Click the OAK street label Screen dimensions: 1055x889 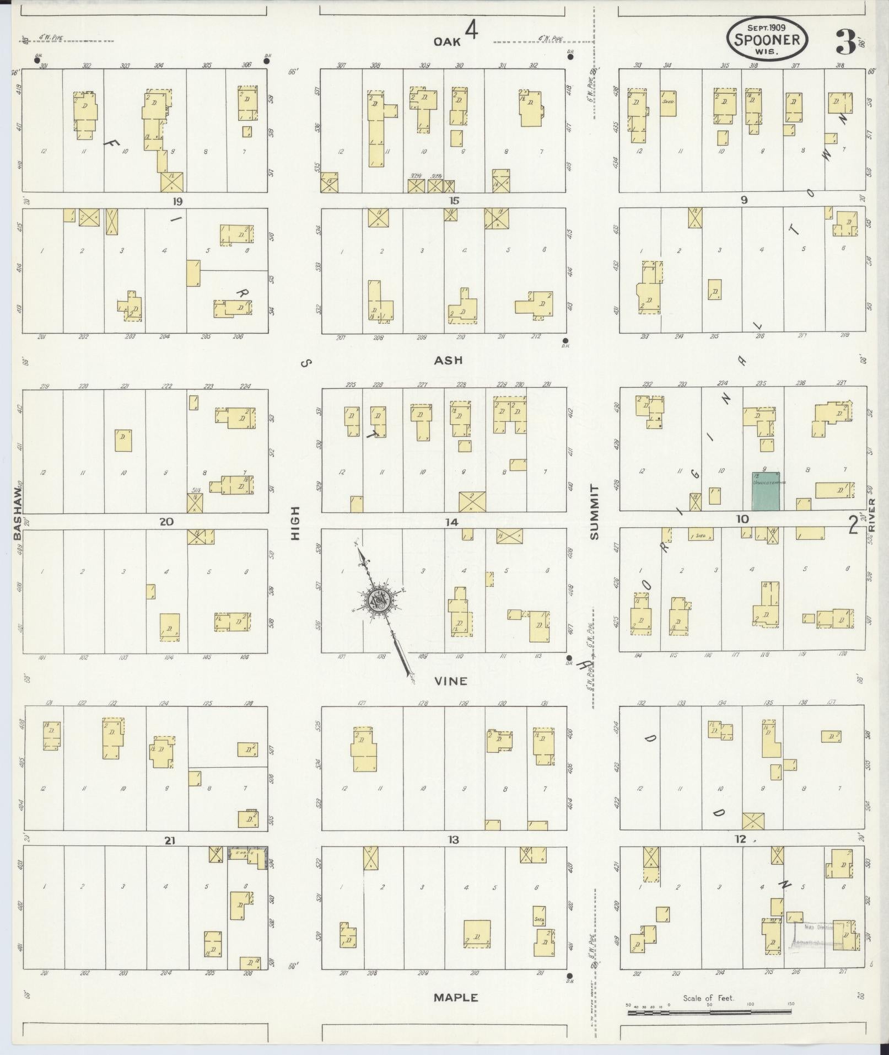tap(446, 41)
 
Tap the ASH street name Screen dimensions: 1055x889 tap(448, 361)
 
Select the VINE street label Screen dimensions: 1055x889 tap(450, 681)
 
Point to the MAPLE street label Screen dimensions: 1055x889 tap(455, 998)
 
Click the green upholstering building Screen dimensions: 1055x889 tap(766, 490)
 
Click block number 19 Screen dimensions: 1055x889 tap(177, 202)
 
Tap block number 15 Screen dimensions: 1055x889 tap(453, 201)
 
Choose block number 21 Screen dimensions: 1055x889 tap(169, 840)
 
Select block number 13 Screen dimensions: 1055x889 tap(453, 840)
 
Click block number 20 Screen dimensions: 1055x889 tap(166, 522)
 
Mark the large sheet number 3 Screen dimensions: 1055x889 tap(843, 41)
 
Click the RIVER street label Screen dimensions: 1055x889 tap(871, 516)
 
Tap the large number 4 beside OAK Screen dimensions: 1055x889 tap(471, 31)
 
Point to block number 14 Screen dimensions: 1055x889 tap(452, 522)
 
